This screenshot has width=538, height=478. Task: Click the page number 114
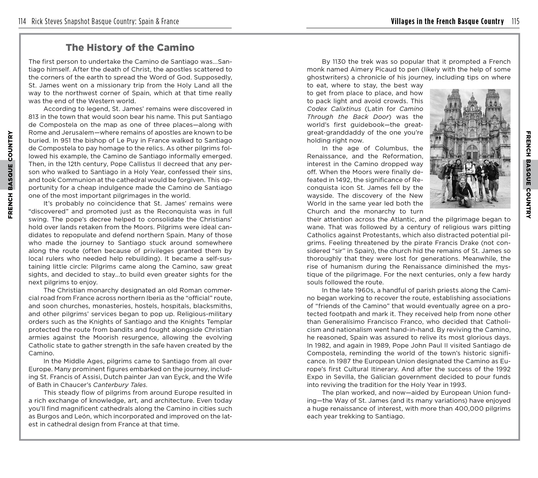[x=22, y=21]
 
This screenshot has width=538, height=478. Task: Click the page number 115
[x=515, y=21]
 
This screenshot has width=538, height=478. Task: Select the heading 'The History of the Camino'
[x=130, y=48]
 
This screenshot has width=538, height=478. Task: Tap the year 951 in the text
[x=65, y=140]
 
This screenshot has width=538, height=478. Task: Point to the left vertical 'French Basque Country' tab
[x=10, y=175]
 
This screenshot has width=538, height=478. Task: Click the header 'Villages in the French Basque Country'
[x=447, y=21]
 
